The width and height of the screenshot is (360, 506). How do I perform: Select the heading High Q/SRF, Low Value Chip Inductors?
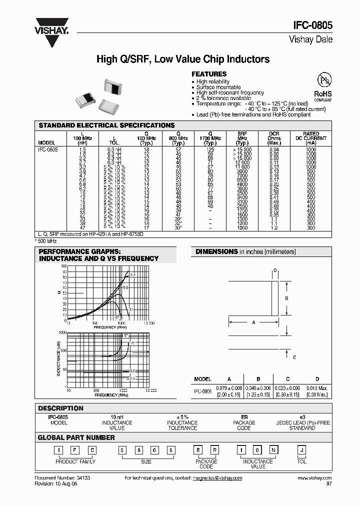coord(182,59)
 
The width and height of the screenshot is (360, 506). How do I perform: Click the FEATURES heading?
coord(209,74)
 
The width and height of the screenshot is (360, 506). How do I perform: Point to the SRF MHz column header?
coord(242,138)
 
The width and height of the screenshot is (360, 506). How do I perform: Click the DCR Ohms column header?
coord(274,138)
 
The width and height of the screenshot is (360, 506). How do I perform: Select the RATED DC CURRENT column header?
coord(311,138)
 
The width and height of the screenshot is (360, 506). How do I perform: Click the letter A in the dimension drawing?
coord(253,323)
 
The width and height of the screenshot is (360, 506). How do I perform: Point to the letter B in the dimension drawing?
coord(286,298)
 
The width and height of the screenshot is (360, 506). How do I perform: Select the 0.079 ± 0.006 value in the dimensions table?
coord(229,388)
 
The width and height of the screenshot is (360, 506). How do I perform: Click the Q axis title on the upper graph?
coord(59,292)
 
